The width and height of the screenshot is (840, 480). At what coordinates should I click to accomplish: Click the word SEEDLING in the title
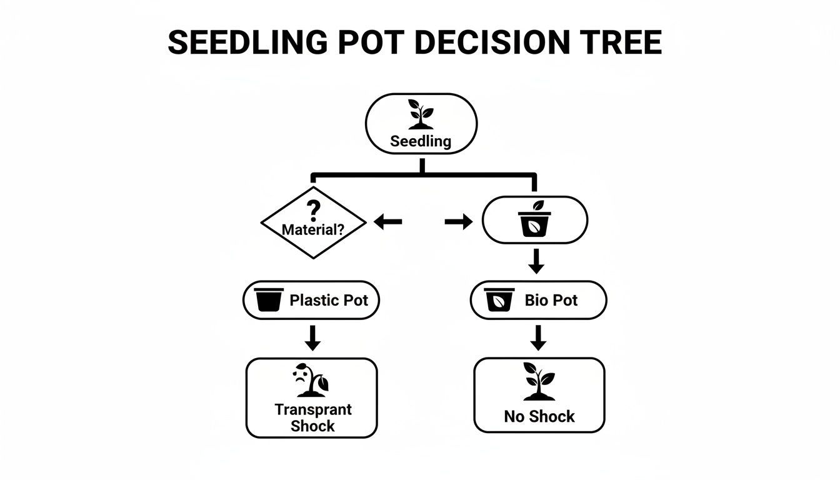click(x=247, y=43)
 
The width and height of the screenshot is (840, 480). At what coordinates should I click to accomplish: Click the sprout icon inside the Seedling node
click(x=421, y=114)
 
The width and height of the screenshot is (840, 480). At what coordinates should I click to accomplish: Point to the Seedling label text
click(x=421, y=141)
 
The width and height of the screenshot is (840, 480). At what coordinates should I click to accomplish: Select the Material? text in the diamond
click(x=312, y=229)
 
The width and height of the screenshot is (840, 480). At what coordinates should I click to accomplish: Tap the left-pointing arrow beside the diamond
click(x=387, y=221)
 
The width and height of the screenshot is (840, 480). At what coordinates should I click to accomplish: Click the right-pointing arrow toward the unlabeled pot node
click(x=458, y=221)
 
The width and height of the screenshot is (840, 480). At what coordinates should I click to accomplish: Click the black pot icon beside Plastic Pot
click(x=269, y=300)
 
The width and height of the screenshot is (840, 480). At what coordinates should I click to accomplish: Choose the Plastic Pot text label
click(x=329, y=300)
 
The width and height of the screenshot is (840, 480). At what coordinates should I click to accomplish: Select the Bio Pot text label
click(x=551, y=300)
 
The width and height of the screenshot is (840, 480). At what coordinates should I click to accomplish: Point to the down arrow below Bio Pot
click(x=537, y=337)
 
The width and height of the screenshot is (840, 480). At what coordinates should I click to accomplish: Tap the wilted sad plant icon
click(x=311, y=381)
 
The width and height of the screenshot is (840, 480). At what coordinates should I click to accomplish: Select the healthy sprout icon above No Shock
click(x=539, y=381)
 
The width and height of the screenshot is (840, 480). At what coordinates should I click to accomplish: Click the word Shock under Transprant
click(x=312, y=426)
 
